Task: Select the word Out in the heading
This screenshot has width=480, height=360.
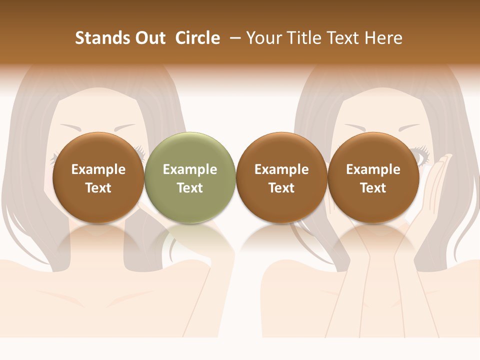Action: click(x=149, y=38)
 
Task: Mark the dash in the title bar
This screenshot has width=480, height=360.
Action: click(x=234, y=38)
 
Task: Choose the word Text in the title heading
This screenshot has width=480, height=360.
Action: click(x=344, y=38)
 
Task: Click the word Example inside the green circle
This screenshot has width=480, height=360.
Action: click(x=190, y=169)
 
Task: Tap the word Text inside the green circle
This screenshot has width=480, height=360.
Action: click(x=190, y=188)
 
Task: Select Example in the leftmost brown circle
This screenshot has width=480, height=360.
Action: click(x=98, y=169)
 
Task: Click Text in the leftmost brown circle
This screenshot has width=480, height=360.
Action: click(x=98, y=188)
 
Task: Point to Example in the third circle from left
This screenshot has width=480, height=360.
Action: click(x=281, y=169)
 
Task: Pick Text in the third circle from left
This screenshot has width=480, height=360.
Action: click(x=281, y=188)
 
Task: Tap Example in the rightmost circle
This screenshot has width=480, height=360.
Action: click(x=373, y=169)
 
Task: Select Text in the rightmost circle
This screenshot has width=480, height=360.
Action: click(x=373, y=188)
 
